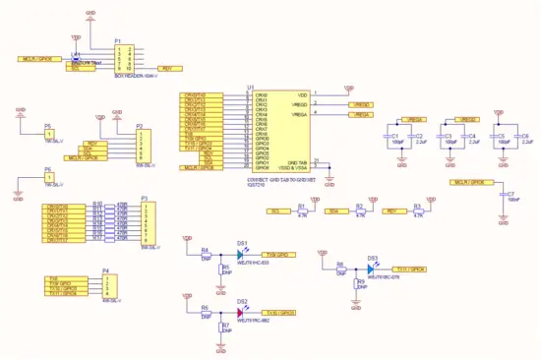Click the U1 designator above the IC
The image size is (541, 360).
point(251,89)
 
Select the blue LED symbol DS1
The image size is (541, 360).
point(240,255)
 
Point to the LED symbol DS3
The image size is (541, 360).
point(372,269)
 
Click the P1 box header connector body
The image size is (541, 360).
point(125,56)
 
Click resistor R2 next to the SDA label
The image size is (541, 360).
point(360,211)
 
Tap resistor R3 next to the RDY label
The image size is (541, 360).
point(418,211)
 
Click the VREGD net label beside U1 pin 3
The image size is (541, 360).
point(361,104)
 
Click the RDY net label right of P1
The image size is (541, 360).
point(168,68)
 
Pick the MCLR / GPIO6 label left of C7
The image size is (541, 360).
point(468,183)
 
